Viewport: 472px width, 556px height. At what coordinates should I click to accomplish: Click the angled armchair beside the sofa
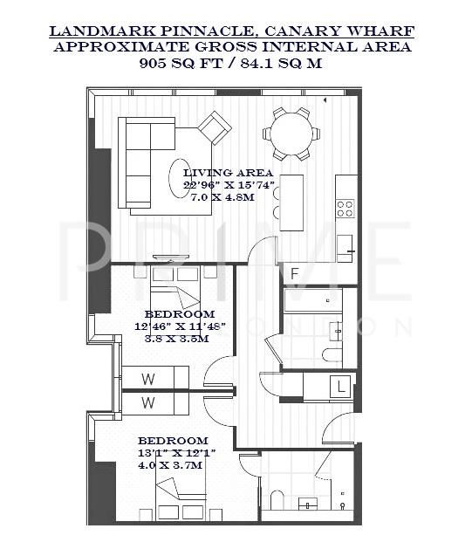click(x=214, y=128)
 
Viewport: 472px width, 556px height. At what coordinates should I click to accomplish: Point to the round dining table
click(x=291, y=134)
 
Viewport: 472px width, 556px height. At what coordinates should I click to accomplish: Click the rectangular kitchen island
click(x=291, y=202)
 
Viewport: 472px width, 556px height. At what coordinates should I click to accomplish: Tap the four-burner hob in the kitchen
click(x=345, y=208)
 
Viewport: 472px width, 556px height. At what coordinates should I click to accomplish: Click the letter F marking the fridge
click(x=295, y=274)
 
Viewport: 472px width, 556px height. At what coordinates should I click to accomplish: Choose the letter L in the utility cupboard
click(x=344, y=385)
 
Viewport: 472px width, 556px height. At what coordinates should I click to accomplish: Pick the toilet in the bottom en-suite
click(x=277, y=500)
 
